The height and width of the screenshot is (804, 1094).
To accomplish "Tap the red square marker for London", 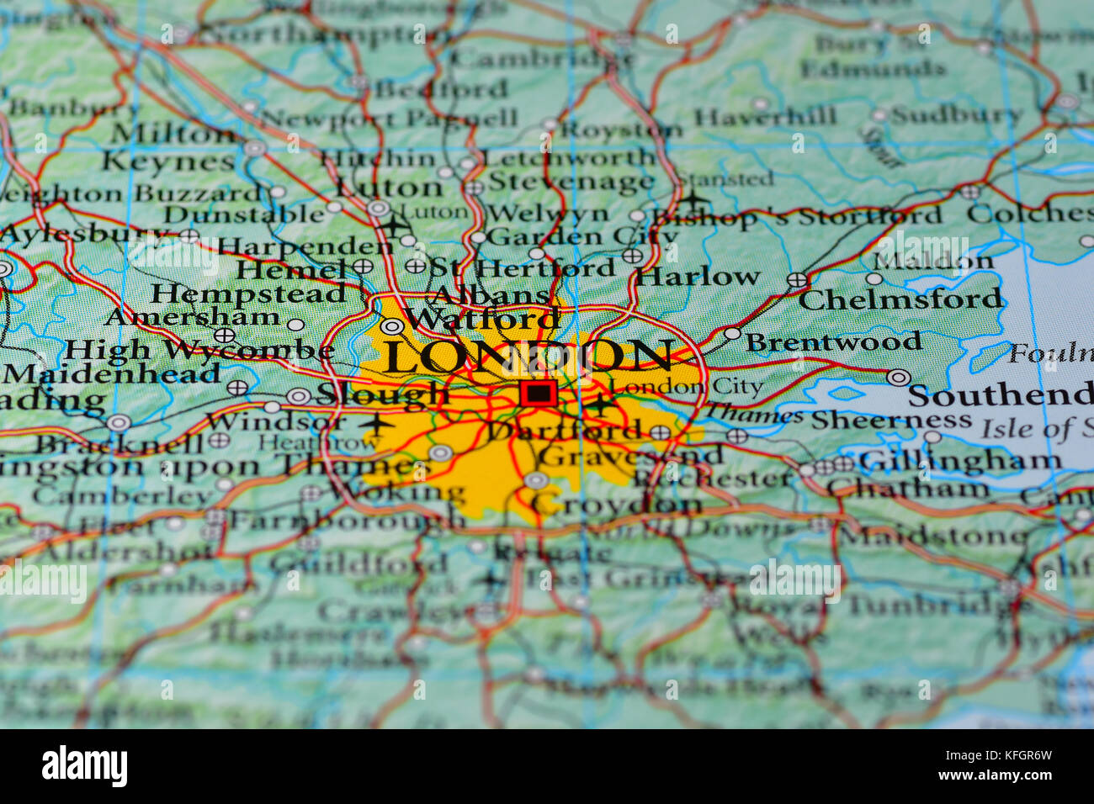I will tap(538, 393).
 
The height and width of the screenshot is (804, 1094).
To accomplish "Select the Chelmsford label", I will tap(901, 299).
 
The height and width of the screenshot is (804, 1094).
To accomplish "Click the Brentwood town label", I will tap(833, 342).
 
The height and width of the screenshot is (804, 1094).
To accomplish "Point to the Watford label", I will tap(482, 319).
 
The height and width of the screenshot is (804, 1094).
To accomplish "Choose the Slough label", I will tap(383, 393).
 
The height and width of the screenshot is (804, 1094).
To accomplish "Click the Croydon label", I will tap(617, 505).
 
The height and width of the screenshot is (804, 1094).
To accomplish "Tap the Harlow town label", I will tap(698, 277).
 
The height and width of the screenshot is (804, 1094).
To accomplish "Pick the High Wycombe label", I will tap(199, 350).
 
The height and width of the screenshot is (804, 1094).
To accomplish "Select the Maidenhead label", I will tap(111, 374).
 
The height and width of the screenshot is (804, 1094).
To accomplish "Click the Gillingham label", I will tap(959, 461).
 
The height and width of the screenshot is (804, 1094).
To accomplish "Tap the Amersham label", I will tap(193, 317).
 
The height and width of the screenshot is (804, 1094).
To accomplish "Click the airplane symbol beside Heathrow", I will tap(374, 423).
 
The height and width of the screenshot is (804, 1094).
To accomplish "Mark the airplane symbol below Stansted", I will tap(693, 201).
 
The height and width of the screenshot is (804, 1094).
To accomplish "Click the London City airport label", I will tap(687, 387).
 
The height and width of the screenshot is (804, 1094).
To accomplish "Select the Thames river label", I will tap(753, 414).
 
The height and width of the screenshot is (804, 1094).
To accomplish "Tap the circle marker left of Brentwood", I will tap(732, 334).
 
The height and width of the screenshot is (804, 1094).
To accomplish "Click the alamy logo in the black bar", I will tap(84, 767).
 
